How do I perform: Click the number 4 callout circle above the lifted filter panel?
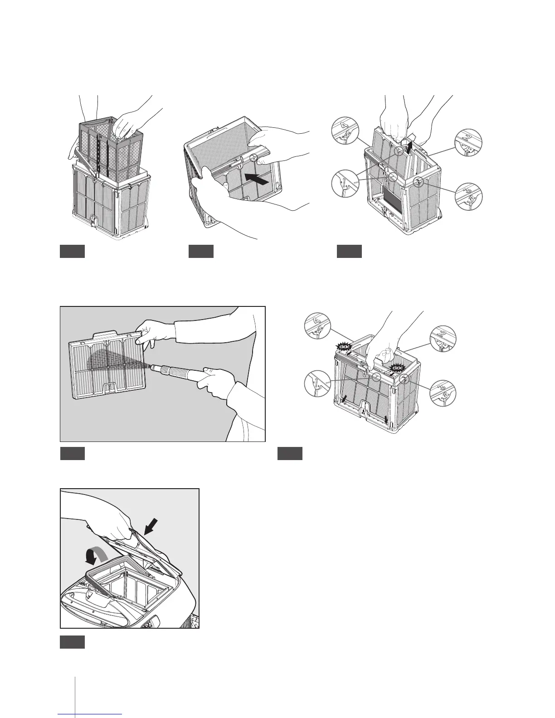[x=347, y=131]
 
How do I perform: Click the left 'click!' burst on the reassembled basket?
[x=343, y=347]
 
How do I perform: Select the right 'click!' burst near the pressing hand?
[x=397, y=368]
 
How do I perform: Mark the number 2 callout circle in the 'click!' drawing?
[x=443, y=338]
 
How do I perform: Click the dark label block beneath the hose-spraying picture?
[x=73, y=453]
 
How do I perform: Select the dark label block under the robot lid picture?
[x=73, y=642]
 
